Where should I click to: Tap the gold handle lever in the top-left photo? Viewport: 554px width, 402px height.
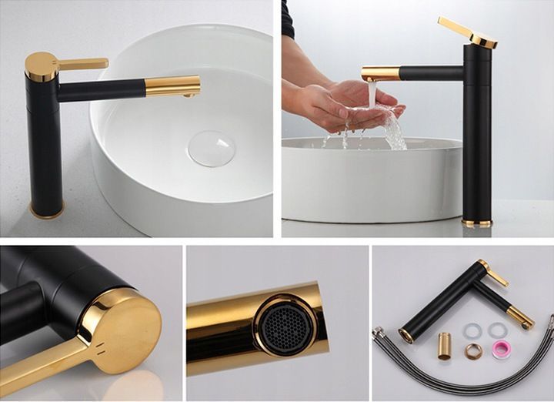[83, 64]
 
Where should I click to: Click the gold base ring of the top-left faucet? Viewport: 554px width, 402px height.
[47, 210]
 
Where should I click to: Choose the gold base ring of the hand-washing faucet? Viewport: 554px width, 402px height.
[476, 223]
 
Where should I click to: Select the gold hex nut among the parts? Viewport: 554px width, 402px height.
[473, 351]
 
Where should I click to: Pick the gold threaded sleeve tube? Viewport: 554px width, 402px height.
[446, 346]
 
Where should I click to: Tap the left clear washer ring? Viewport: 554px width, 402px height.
[472, 330]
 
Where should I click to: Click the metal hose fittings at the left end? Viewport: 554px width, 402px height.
[381, 334]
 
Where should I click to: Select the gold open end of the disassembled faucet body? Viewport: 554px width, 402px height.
[405, 335]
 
